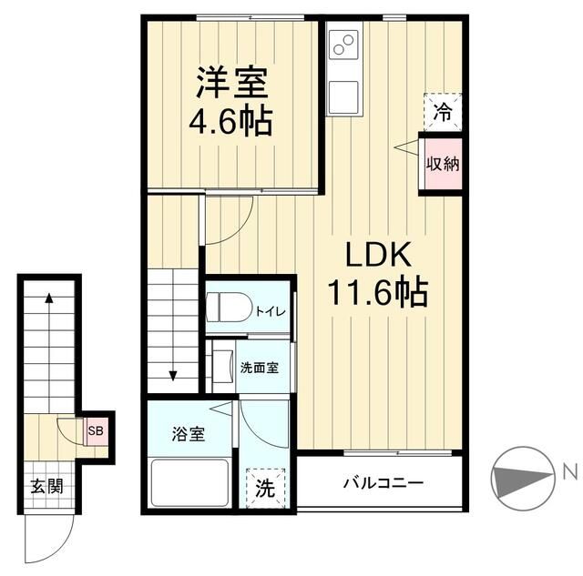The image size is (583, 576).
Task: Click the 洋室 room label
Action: coord(231,83)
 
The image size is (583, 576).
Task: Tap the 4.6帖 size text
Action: coord(231,121)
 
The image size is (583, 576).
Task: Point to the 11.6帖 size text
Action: coord(377,291)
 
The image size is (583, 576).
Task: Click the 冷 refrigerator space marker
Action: coord(442,113)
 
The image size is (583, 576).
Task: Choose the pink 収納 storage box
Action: coord(442,164)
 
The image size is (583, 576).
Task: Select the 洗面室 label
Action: coord(259,369)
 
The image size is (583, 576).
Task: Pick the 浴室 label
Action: coord(189,433)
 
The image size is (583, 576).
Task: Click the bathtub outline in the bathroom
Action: coord(189,481)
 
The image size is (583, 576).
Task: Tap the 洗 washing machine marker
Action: coord(264,488)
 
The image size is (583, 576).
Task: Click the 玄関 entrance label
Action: coord(46,485)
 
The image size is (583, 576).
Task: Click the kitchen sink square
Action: coord(344,96)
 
